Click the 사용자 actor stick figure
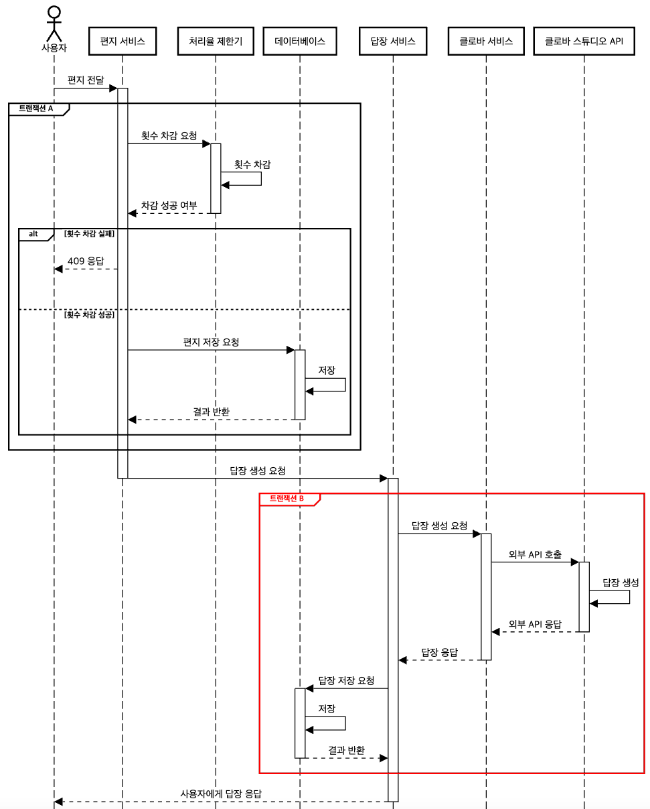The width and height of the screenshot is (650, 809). tap(54, 23)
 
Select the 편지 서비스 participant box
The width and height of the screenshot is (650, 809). tap(123, 42)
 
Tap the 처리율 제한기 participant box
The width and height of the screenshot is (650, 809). tap(216, 42)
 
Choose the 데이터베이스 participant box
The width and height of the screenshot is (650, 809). tap(300, 42)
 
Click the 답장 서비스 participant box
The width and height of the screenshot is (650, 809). tap(393, 42)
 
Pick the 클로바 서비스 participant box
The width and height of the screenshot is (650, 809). tap(486, 42)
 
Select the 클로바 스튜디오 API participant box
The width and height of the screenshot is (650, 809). tap(584, 42)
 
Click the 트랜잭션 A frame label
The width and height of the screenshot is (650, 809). tap(36, 109)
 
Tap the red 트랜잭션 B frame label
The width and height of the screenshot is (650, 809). tap(287, 499)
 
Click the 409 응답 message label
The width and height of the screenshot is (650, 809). tap(86, 261)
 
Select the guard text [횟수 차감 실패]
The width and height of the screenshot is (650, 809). tap(89, 234)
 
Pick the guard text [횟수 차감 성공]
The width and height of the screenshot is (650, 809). tap(89, 314)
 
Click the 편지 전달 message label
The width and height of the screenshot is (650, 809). tap(86, 80)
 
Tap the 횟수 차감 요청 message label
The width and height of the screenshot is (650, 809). tap(169, 135)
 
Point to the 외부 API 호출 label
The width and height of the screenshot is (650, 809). tap(535, 555)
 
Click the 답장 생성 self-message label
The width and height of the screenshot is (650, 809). tap(621, 582)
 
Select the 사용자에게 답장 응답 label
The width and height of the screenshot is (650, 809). tap(221, 794)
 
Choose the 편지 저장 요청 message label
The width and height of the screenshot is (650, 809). tap(211, 342)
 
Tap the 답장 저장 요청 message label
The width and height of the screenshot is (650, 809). tap(346, 680)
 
